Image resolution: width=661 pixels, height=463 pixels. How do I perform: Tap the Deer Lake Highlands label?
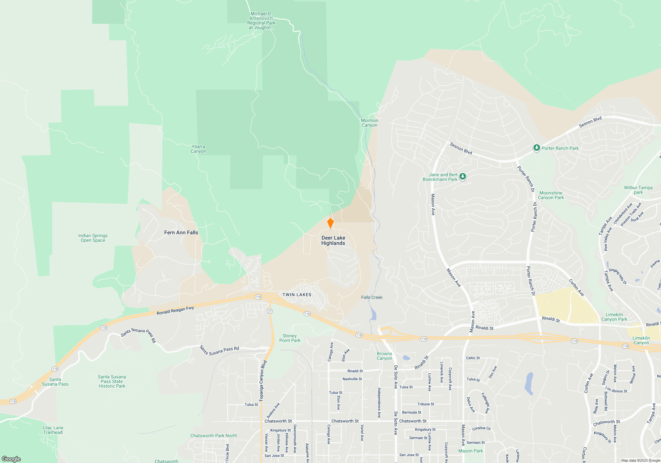tap(333, 240)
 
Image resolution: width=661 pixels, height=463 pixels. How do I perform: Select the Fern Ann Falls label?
tap(181, 232)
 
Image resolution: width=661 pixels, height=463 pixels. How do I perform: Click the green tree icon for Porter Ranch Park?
tap(536, 148)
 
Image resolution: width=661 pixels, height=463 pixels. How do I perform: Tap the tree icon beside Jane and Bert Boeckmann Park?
tap(463, 176)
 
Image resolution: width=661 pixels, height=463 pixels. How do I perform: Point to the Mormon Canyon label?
tap(369, 123)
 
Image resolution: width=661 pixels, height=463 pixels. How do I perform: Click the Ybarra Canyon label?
tap(198, 149)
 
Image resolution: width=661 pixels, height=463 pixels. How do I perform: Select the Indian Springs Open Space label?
tap(93, 238)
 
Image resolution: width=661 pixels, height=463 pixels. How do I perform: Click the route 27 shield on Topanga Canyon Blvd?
tap(270, 311)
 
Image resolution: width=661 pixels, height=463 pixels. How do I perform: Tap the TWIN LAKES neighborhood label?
tap(297, 295)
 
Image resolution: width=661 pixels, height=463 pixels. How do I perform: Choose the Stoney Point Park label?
tap(290, 338)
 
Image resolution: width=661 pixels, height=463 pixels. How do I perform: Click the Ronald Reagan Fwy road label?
tap(175, 311)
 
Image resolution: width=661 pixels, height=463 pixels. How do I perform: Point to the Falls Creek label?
tap(372, 297)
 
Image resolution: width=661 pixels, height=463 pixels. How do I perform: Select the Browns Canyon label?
tap(384, 356)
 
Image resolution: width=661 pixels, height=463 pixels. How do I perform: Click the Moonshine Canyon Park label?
tap(551, 195)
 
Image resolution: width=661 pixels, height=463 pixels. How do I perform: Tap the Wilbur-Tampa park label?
tap(638, 190)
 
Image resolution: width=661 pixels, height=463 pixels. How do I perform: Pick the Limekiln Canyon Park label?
tap(614, 317)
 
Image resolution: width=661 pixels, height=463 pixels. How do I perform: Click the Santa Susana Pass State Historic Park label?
tap(112, 381)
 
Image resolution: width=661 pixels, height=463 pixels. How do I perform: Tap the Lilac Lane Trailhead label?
tap(53, 430)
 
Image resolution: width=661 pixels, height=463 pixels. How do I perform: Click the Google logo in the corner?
tap(11, 459)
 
